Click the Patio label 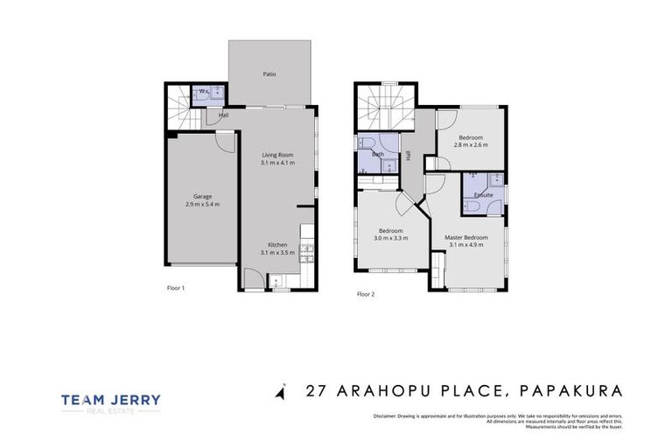click(269, 74)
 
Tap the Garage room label click(202, 196)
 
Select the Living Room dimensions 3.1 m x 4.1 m click(277, 164)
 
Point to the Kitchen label click(277, 244)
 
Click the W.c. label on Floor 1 click(204, 91)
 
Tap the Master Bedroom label click(465, 237)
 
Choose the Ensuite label click(483, 194)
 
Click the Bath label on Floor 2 click(378, 154)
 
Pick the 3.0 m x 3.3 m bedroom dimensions click(391, 238)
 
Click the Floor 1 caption click(176, 287)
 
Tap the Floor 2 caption click(366, 294)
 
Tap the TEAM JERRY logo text click(111, 400)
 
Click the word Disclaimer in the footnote click(386, 416)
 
